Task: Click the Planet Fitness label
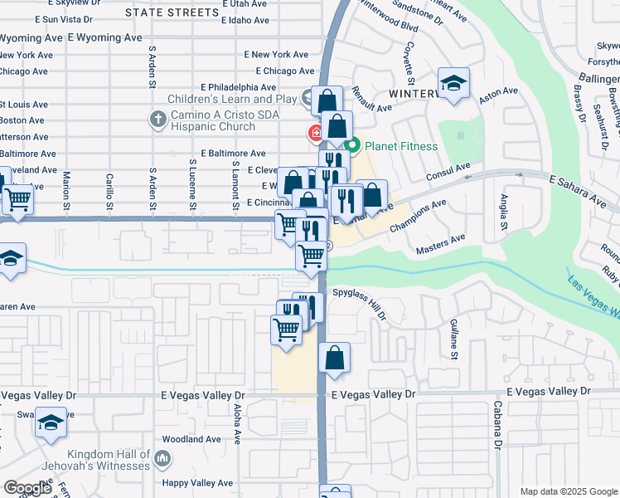coord(402,147)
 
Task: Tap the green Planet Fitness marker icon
coord(352,147)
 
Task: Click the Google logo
coord(27,488)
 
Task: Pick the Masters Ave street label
coord(441,242)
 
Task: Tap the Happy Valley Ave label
coord(198,483)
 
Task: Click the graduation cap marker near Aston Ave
coord(454,84)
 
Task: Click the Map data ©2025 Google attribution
coord(569,491)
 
